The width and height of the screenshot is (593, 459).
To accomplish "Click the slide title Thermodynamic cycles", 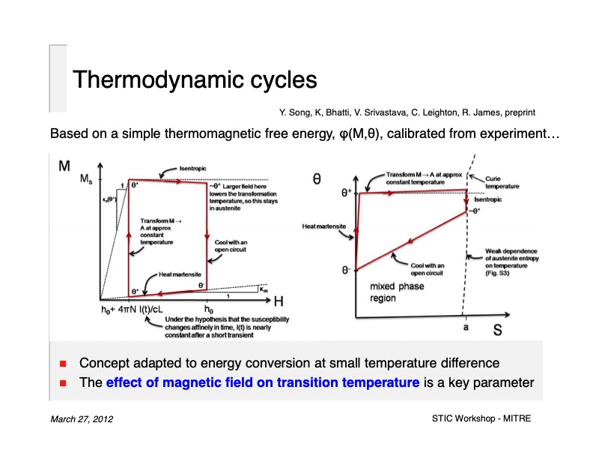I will [x=194, y=79].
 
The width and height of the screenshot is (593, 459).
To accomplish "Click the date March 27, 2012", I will [x=82, y=418].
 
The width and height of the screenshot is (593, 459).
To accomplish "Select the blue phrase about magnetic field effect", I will [x=263, y=382].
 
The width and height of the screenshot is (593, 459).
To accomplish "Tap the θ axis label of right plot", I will [x=317, y=179].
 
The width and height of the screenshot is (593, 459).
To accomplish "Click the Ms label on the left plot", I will [x=87, y=181].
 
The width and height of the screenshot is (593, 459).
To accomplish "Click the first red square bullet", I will [x=64, y=364].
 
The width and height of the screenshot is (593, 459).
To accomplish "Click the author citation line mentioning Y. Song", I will [x=407, y=112].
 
